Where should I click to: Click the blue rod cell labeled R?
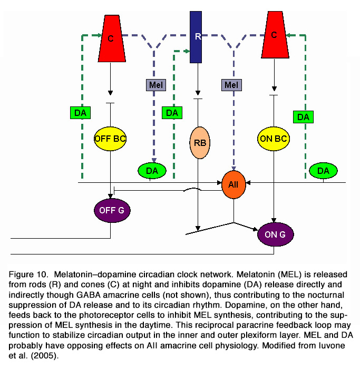point(196,37)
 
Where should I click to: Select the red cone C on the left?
point(112,38)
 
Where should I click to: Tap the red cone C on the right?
point(275,35)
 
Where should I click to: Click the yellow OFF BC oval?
point(110,139)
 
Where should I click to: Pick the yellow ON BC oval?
point(274,139)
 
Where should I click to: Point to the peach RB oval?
point(200,142)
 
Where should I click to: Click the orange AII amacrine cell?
point(233,184)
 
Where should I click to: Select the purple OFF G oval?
point(112,210)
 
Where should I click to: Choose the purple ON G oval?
point(276,234)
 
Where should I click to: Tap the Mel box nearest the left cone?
point(156,85)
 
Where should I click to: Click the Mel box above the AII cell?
point(231,85)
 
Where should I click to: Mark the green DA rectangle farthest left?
point(81,113)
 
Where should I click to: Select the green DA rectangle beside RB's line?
point(172,113)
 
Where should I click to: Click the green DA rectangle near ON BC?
point(303,117)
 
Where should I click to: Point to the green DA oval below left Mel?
point(152,171)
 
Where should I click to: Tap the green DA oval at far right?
point(324,171)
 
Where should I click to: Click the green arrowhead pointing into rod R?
point(188,51)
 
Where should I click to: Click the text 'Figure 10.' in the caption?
point(28,275)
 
